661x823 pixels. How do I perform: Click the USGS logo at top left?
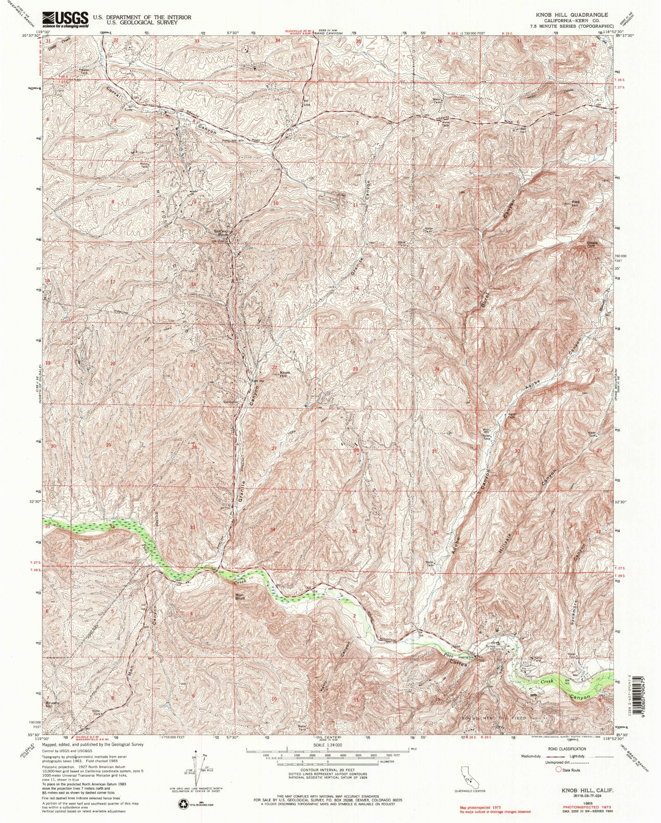click(65, 19)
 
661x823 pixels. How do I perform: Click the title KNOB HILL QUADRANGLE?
click(572, 14)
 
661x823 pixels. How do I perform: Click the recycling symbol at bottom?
click(183, 804)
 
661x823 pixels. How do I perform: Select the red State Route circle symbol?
click(559, 770)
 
